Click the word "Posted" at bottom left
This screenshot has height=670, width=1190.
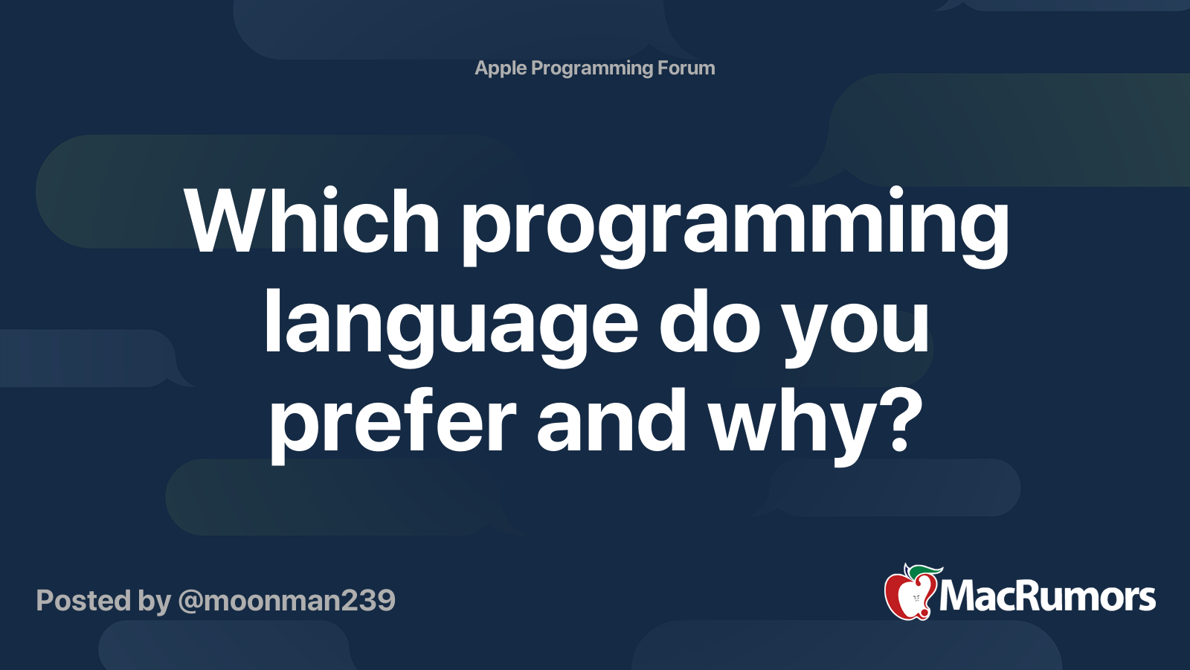(83, 600)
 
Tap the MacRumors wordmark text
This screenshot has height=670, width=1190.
(1047, 596)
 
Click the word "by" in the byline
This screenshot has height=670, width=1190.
(155, 603)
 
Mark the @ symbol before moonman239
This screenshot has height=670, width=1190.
(190, 602)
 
